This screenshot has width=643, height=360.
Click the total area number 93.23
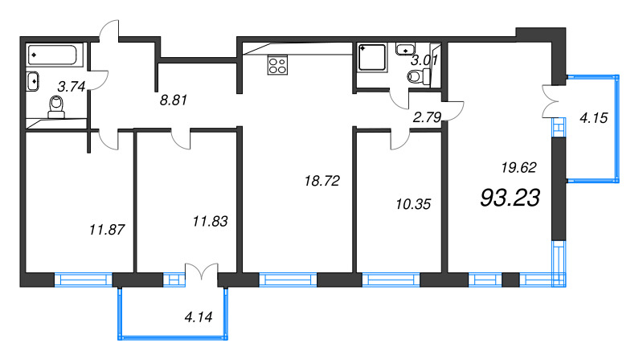point(509,197)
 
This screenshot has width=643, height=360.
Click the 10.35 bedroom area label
point(416,204)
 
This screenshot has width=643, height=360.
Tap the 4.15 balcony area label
point(593,117)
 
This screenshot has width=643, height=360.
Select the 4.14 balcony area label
point(198,317)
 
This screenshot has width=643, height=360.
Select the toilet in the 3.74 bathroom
point(56,106)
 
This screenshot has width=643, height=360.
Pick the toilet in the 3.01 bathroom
point(416,76)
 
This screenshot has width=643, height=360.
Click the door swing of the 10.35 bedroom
point(399,140)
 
